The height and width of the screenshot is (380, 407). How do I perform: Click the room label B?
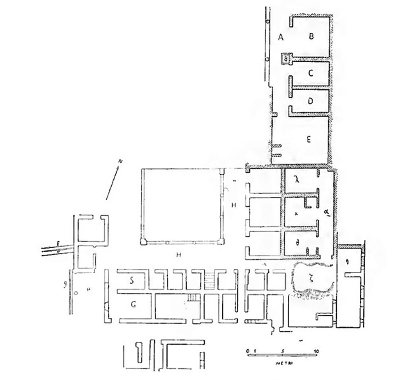click(312, 37)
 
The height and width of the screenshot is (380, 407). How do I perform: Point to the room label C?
click(311, 73)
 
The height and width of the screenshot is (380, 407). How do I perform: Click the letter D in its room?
click(310, 101)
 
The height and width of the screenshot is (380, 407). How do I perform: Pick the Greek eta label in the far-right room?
click(347, 261)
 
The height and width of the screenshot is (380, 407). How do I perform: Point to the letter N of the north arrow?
click(120, 161)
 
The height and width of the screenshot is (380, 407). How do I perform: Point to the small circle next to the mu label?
click(76, 293)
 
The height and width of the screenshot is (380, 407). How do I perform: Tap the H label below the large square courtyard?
click(179, 255)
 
